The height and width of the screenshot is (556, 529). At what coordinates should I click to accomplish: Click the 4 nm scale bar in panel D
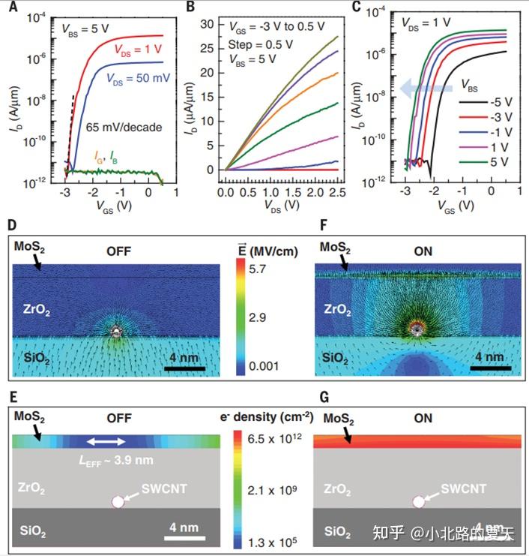coord(181,368)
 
